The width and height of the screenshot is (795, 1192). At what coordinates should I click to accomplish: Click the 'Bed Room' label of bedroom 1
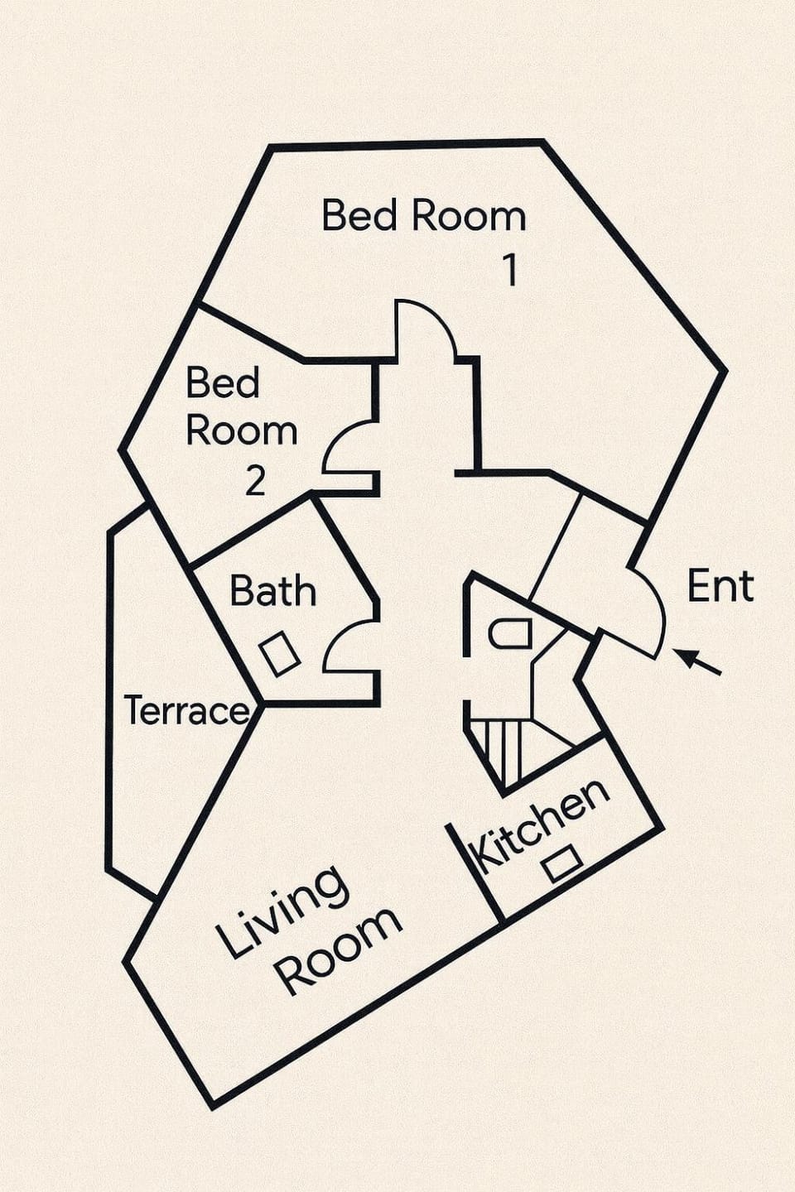[x=424, y=215]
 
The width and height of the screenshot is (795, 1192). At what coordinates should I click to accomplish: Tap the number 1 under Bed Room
[x=511, y=271]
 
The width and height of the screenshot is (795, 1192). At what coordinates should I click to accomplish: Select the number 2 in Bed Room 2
[x=255, y=480]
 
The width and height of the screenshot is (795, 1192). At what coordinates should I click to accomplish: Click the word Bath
[x=273, y=590]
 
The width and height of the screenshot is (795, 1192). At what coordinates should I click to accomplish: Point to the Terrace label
[x=187, y=710]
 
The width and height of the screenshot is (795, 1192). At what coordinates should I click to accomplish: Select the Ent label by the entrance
[x=720, y=586]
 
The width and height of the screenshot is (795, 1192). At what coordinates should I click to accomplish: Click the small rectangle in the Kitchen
[x=561, y=863]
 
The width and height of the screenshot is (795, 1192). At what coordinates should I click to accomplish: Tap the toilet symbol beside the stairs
[x=510, y=634]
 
